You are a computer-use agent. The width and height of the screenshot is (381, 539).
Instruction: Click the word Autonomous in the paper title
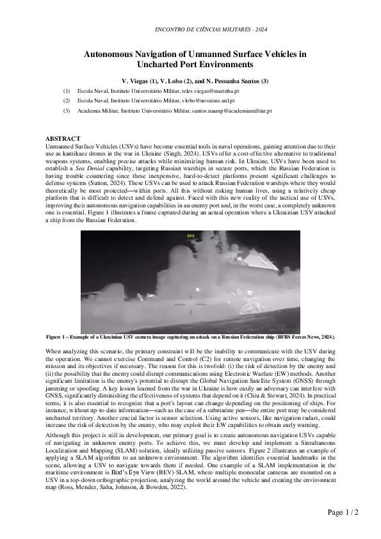[109, 54]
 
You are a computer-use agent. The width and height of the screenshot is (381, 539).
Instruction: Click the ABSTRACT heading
[63, 139]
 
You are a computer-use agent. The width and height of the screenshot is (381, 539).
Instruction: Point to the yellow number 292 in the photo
[190, 236]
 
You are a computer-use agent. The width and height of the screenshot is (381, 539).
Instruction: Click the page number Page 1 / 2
[343, 512]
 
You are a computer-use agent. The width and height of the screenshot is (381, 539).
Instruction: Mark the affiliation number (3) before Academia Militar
[67, 111]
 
